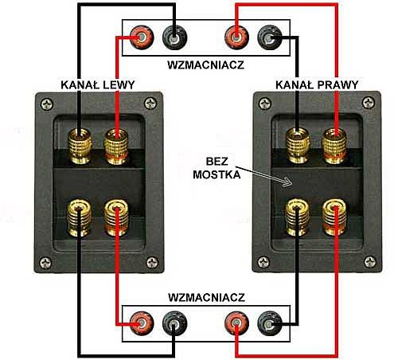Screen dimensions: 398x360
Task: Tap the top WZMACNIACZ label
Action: (206, 65)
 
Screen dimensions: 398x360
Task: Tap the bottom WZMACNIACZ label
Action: (206, 298)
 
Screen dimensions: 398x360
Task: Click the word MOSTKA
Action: (217, 174)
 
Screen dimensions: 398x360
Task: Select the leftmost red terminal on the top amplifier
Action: (142, 37)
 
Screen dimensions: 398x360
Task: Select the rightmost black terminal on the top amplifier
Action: (270, 37)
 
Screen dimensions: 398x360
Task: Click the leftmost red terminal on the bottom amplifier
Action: (142, 323)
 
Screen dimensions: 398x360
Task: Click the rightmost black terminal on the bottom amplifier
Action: (270, 323)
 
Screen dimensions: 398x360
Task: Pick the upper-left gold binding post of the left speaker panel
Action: (80, 146)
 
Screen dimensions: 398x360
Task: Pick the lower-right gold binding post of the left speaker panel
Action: (116, 217)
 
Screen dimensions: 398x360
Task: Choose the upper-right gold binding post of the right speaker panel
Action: (334, 146)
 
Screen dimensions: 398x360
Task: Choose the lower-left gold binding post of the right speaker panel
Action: (298, 217)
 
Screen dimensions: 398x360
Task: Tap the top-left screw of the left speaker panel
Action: (47, 104)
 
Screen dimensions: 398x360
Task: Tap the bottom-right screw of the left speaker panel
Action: (152, 263)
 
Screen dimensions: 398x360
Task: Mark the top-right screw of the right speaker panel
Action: (369, 103)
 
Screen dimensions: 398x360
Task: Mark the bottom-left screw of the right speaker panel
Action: (264, 262)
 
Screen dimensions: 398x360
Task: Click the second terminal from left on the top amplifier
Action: (174, 37)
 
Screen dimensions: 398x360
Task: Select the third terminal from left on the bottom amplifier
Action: (236, 323)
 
